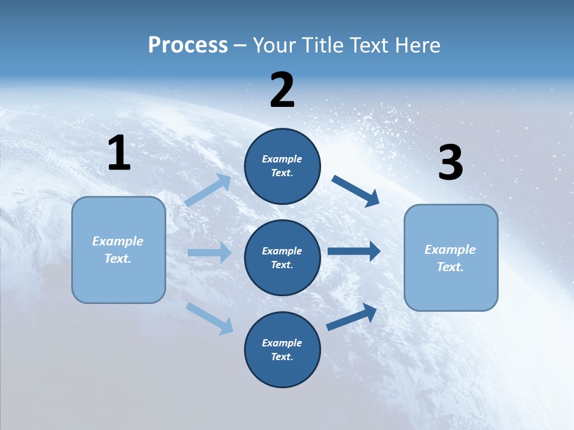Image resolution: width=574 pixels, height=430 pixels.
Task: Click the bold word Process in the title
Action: click(188, 45)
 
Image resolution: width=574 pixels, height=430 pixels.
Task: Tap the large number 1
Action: click(119, 153)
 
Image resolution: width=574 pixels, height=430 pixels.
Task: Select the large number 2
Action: click(282, 90)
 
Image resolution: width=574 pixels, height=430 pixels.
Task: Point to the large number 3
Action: click(450, 163)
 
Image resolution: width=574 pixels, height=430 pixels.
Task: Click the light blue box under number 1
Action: click(118, 250)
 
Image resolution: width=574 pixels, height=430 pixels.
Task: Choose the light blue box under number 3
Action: click(451, 257)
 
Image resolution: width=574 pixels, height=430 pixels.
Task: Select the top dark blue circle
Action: click(282, 166)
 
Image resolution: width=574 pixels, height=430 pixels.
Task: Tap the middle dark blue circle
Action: click(282, 257)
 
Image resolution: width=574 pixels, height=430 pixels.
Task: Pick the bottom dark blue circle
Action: click(282, 349)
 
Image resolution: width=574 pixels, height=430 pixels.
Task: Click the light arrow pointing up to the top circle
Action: click(207, 191)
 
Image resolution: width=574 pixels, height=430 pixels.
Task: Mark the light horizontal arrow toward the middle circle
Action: click(209, 253)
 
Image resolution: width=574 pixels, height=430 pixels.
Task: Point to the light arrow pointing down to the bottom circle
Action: click(209, 318)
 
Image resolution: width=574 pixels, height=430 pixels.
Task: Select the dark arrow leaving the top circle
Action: click(355, 191)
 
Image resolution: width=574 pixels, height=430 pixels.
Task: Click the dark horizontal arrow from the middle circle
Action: click(354, 251)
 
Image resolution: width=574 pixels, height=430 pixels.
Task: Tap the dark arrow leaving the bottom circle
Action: click(352, 317)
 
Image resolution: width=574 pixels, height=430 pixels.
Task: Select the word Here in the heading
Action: click(419, 45)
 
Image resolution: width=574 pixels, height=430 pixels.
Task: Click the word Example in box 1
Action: click(118, 241)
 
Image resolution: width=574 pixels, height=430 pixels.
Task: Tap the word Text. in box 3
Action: click(450, 267)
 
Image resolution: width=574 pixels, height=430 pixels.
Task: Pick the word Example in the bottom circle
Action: click(282, 343)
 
